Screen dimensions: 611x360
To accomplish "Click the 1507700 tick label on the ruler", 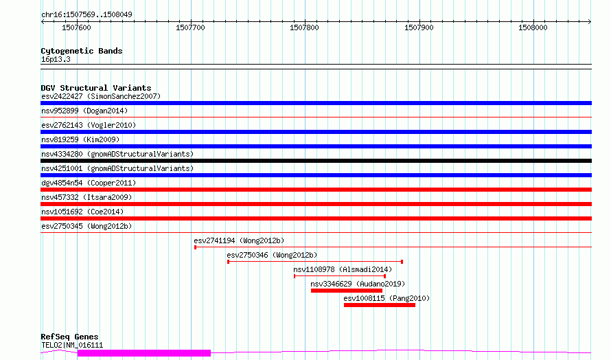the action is (x=190, y=27).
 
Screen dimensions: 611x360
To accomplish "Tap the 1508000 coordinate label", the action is (x=533, y=27).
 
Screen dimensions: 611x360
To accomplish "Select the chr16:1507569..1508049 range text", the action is (x=87, y=14).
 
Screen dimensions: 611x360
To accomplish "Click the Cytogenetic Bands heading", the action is (x=82, y=51).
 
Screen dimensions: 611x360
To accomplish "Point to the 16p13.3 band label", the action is (x=56, y=59).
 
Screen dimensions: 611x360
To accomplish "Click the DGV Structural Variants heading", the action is (x=96, y=88).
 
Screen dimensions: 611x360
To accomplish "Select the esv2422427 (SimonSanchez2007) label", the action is (x=101, y=96).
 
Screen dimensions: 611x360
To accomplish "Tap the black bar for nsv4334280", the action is (x=316, y=161).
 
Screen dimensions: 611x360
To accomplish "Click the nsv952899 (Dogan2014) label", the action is (x=84, y=111).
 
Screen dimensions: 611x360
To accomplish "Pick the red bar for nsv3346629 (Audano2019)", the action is (x=347, y=291).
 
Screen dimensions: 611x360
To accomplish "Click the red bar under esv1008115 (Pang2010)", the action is (x=380, y=305).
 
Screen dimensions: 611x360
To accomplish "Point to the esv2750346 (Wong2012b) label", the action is (x=272, y=255).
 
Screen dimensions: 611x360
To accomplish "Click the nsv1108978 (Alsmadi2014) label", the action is (x=343, y=269).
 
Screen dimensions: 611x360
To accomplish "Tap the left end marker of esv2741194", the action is (x=195, y=247).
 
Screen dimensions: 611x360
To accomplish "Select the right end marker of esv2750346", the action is (x=402, y=262).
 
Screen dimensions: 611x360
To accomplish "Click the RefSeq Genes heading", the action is (x=69, y=337).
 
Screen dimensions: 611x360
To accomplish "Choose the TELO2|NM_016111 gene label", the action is (x=72, y=345).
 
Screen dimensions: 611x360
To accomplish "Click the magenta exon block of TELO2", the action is (x=144, y=353).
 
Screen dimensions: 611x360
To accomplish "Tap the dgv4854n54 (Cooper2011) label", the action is (x=89, y=183).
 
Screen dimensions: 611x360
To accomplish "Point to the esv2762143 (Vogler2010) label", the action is (x=89, y=125).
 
